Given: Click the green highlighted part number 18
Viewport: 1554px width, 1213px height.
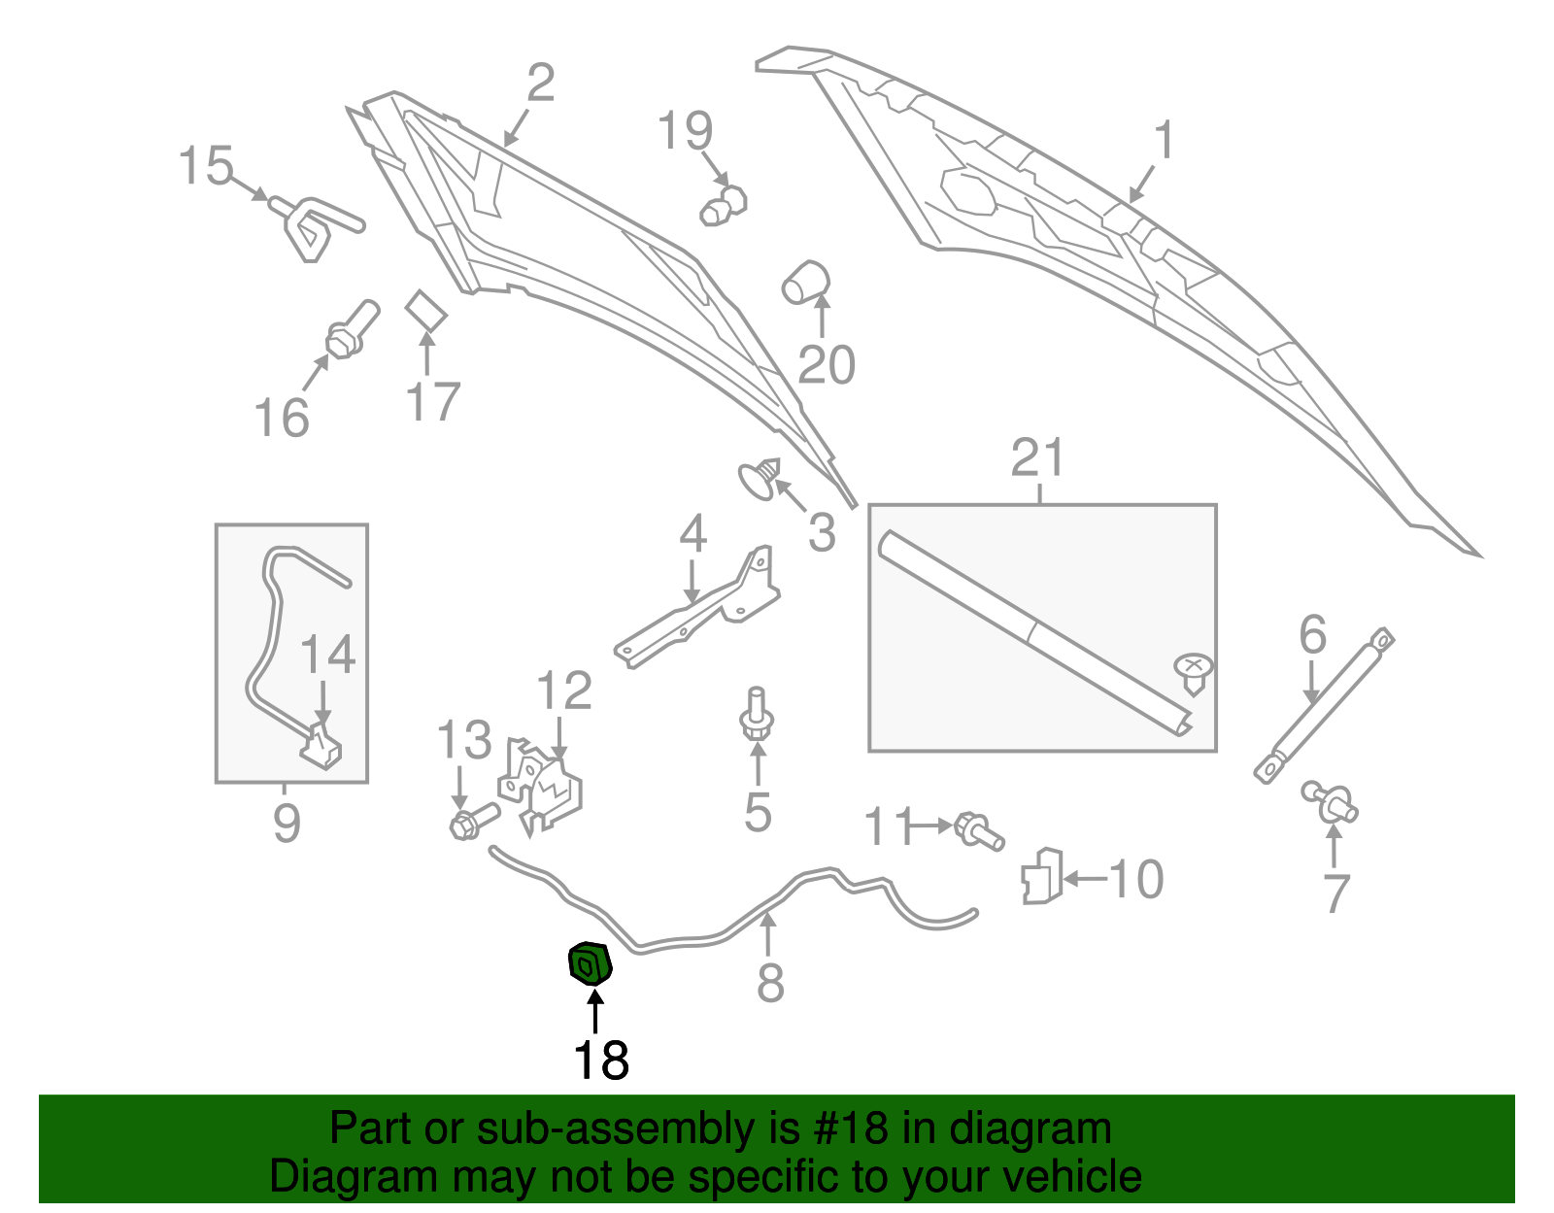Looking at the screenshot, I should pyautogui.click(x=588, y=963).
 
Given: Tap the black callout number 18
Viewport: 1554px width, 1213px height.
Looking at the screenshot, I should pyautogui.click(x=601, y=1060).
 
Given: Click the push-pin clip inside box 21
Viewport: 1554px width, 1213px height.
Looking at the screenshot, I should pyautogui.click(x=1194, y=672).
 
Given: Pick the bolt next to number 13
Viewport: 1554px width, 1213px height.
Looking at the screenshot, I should pyautogui.click(x=472, y=821).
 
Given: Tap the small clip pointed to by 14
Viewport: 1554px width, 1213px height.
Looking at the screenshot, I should pyautogui.click(x=321, y=746).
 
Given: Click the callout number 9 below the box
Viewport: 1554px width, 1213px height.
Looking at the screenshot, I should pyautogui.click(x=287, y=824).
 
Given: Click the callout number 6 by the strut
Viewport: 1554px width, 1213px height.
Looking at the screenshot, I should pyautogui.click(x=1312, y=635).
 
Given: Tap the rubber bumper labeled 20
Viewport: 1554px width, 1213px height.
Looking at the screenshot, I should pyautogui.click(x=805, y=282).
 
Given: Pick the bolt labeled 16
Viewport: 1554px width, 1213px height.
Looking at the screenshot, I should pyautogui.click(x=352, y=330).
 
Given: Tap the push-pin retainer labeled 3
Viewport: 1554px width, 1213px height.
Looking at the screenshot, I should pyautogui.click(x=760, y=479).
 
